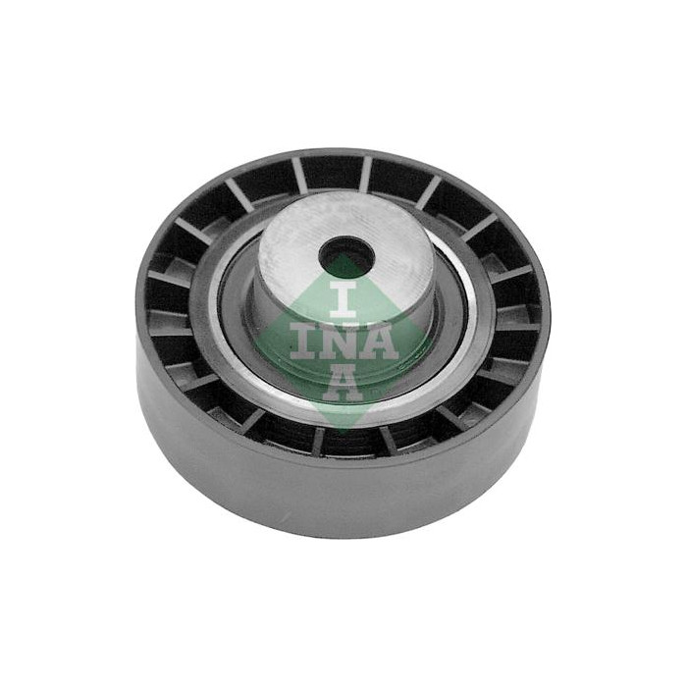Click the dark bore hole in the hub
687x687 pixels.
pos(348,257)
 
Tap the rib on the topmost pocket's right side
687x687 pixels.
pos(365,174)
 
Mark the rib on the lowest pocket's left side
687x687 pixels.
pos(318,441)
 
